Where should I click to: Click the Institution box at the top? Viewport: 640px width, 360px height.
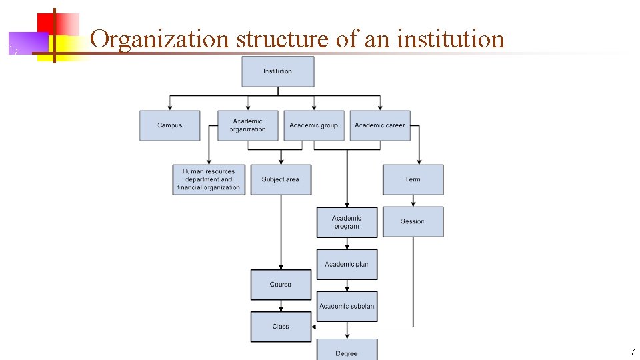[x=277, y=71]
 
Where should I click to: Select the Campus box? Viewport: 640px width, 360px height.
[x=169, y=125]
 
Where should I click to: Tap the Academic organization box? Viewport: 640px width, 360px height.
[x=247, y=125]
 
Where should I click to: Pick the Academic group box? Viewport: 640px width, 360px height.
[x=313, y=125]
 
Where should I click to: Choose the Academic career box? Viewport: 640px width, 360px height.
[x=379, y=125]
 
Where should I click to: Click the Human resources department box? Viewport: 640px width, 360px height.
[x=209, y=179]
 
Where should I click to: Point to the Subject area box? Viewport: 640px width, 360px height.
[x=281, y=179]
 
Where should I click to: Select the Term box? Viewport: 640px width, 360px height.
[x=413, y=179]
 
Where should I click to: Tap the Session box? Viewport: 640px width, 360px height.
[x=413, y=221]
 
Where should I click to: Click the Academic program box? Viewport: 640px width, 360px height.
[x=347, y=222]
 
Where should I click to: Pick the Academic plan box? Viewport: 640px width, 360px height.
[x=347, y=264]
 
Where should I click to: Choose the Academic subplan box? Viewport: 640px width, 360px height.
[x=347, y=306]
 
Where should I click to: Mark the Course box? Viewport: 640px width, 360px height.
[x=281, y=285]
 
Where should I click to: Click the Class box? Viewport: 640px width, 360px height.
[x=281, y=327]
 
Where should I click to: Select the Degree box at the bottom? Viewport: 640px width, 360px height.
[x=347, y=351]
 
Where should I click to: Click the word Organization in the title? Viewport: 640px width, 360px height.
[x=159, y=39]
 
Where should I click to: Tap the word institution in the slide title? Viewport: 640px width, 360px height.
[x=451, y=39]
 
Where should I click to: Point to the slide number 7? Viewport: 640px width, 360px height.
[x=632, y=351]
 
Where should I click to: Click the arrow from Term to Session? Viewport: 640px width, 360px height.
[x=413, y=201]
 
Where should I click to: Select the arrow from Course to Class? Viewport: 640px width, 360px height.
[x=281, y=306]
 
